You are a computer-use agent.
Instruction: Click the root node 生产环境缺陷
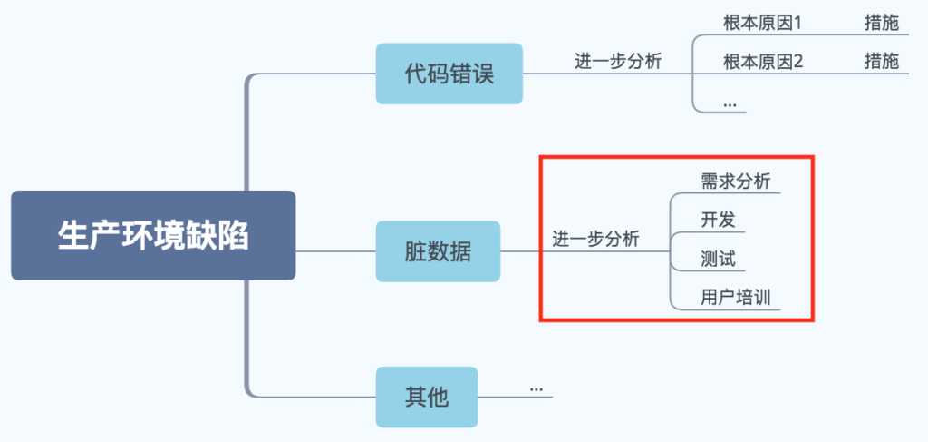[153, 235]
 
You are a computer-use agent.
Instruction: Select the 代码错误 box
[449, 74]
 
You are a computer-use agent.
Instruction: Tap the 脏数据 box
[438, 251]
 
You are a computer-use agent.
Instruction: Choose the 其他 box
[427, 397]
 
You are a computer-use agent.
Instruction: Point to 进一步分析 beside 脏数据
[596, 240]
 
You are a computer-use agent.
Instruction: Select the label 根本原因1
[763, 23]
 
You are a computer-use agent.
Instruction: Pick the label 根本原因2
[763, 62]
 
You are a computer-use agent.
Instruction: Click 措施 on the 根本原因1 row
[881, 23]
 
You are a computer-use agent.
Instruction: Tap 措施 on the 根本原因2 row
[881, 62]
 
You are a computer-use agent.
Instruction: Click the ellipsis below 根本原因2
[730, 105]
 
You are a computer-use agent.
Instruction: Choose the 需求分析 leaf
[735, 181]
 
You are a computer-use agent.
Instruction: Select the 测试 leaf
[718, 259]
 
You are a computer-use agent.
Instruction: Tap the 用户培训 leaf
[735, 298]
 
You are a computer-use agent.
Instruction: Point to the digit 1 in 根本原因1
[798, 23]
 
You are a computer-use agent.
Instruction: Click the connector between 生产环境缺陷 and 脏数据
[335, 251]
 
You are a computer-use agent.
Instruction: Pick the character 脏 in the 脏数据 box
[415, 251]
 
